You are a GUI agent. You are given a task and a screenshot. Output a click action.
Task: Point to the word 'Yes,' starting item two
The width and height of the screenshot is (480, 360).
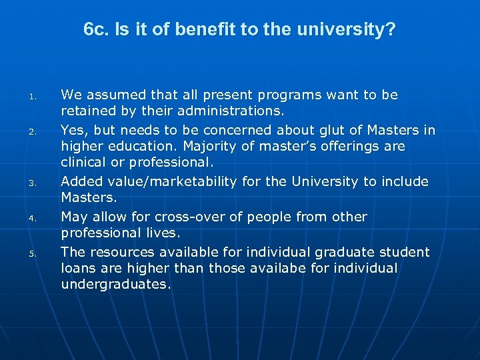coord(73,130)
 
